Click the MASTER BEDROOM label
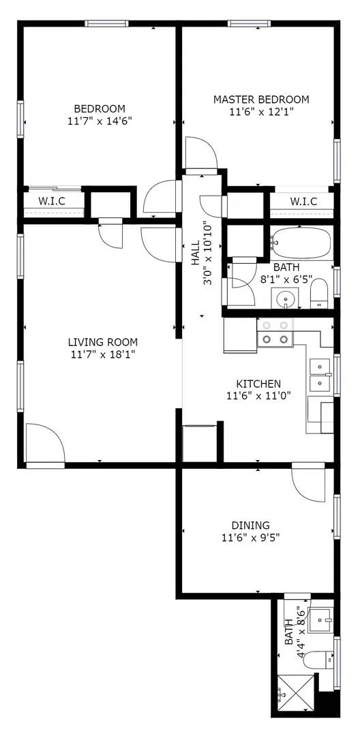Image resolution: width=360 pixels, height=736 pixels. tap(261, 99)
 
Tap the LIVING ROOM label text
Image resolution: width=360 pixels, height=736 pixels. tap(103, 342)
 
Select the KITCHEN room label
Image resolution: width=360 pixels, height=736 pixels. tap(258, 384)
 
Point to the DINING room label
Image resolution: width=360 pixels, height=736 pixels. tap(250, 525)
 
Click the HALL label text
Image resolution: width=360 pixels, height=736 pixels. tap(196, 252)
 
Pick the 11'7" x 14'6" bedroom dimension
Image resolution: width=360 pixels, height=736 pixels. tap(100, 121)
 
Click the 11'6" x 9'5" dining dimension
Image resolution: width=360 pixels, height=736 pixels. tap(250, 538)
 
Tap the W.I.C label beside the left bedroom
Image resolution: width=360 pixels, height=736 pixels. tap(52, 201)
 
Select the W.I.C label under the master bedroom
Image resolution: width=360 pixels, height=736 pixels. tap(303, 201)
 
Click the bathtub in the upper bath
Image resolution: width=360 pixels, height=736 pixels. tap(301, 241)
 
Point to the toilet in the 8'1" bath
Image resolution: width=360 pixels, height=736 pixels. tap(319, 294)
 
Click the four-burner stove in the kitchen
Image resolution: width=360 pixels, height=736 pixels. tap(275, 332)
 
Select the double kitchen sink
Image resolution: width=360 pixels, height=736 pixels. tap(318, 375)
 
